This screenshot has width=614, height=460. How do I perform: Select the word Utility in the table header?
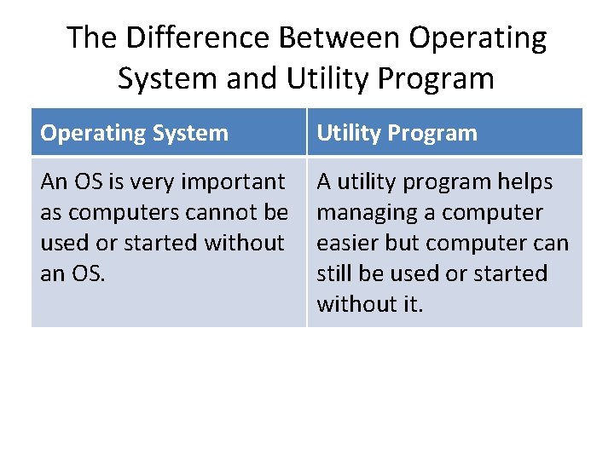point(348,134)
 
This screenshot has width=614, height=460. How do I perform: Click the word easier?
point(346,243)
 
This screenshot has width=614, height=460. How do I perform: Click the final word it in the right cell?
point(410,304)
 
